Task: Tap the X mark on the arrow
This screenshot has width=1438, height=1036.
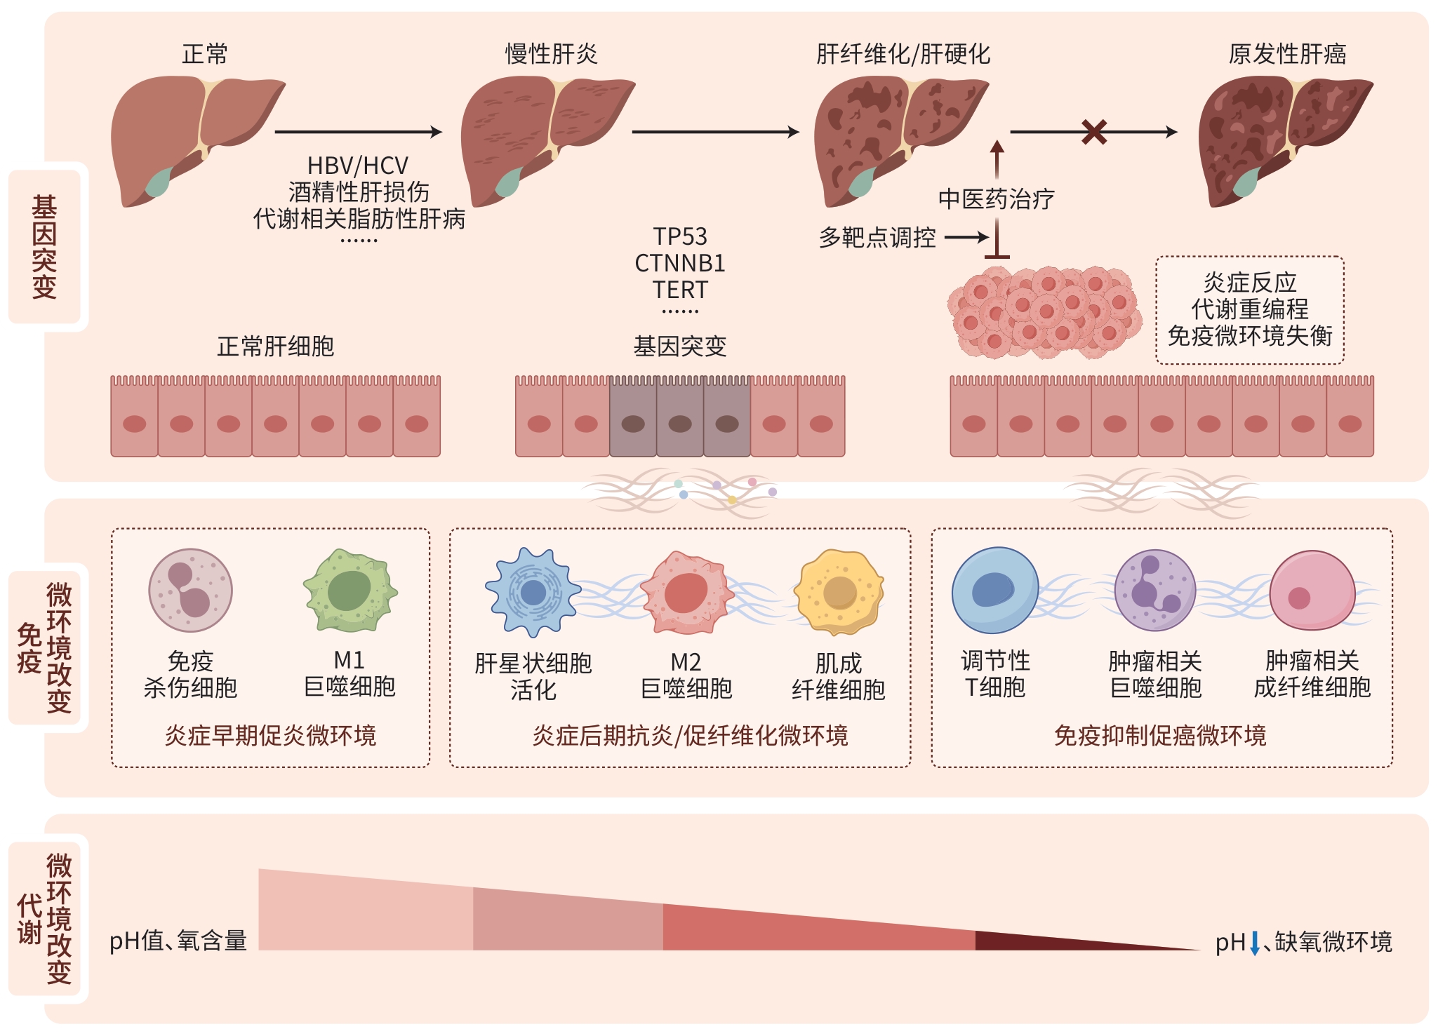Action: point(1094,132)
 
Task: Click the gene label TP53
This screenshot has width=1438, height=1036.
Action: point(679,236)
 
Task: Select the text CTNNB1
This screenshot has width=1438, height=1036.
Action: point(679,263)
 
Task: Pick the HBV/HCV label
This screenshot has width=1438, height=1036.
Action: point(358,166)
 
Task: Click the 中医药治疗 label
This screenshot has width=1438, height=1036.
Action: point(996,199)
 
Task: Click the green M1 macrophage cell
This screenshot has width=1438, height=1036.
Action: point(350,591)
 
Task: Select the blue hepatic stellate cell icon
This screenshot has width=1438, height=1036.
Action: point(533,592)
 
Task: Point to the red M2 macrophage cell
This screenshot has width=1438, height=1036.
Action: point(686,593)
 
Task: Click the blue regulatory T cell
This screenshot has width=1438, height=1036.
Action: point(994,591)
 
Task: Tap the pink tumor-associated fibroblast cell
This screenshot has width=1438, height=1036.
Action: point(1312,591)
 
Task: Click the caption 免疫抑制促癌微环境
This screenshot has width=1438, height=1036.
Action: point(1160,735)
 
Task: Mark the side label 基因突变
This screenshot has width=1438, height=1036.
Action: point(44,247)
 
